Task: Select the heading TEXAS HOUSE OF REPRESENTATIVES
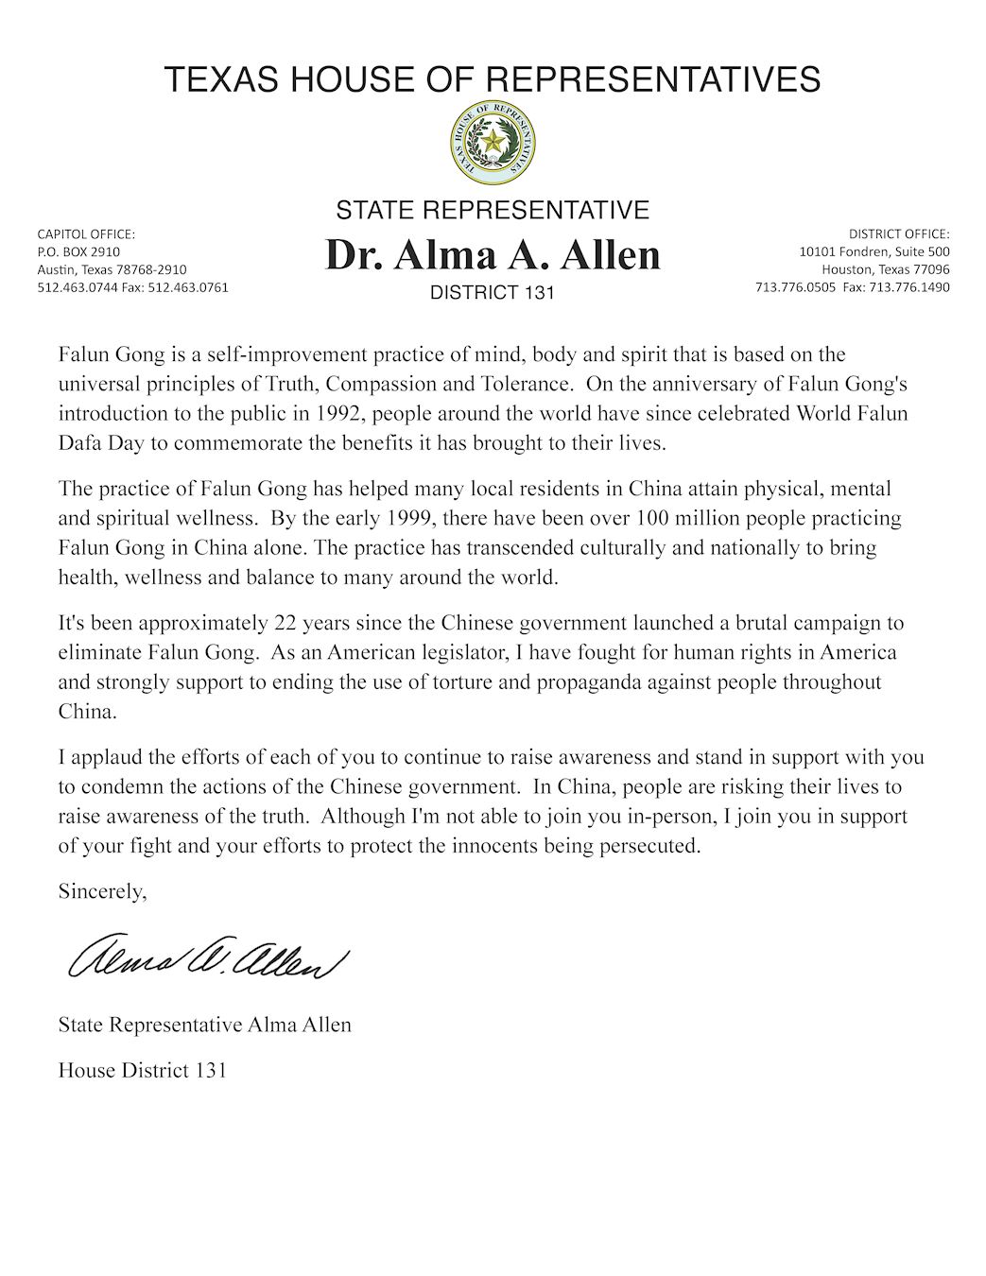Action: click(492, 79)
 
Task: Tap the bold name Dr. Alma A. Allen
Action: click(492, 255)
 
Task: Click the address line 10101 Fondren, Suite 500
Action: click(874, 251)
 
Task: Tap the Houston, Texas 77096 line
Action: click(885, 269)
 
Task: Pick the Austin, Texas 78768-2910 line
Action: click(112, 269)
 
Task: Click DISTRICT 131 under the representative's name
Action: click(492, 293)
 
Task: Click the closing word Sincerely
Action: click(102, 890)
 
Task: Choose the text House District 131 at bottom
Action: click(142, 1070)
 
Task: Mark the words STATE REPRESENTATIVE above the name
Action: click(492, 210)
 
